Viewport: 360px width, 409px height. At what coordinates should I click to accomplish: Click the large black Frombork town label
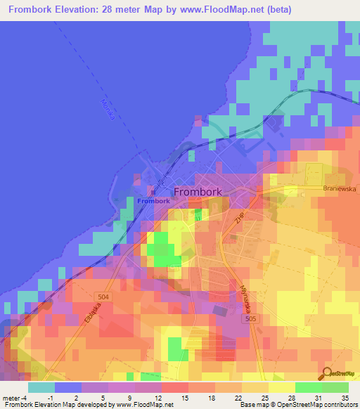198,191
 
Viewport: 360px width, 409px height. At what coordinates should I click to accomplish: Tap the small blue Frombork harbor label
153,201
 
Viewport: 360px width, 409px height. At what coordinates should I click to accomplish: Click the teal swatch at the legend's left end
41,387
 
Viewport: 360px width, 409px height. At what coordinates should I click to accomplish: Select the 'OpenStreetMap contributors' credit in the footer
309,405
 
